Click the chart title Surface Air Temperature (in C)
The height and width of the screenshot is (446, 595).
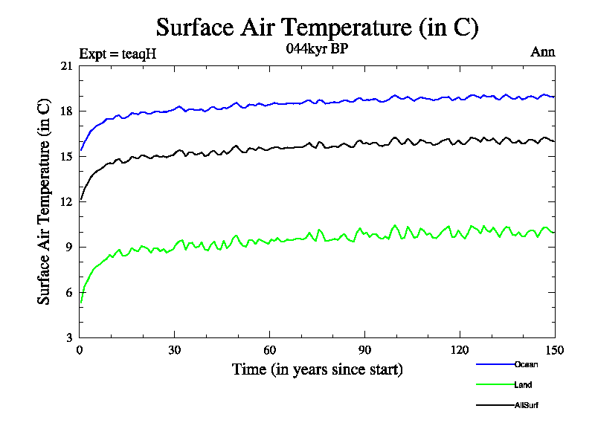pyautogui.click(x=317, y=28)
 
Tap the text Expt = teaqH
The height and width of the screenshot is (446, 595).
pyautogui.click(x=118, y=54)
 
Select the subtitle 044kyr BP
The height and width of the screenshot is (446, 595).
pyautogui.click(x=317, y=49)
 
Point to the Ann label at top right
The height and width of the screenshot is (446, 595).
pyautogui.click(x=542, y=52)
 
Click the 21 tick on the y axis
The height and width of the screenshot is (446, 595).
pyautogui.click(x=66, y=66)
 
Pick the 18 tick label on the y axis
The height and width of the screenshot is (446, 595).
pyautogui.click(x=66, y=111)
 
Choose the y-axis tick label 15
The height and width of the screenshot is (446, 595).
pyautogui.click(x=66, y=157)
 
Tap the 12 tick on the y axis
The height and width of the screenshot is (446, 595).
pyautogui.click(x=66, y=202)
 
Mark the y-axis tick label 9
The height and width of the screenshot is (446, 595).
pyautogui.click(x=69, y=248)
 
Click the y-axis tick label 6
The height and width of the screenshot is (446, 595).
pyautogui.click(x=69, y=293)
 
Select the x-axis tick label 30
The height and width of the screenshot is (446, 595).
pyautogui.click(x=175, y=350)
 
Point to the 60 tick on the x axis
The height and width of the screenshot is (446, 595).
pyautogui.click(x=270, y=350)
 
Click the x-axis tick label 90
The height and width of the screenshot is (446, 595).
pyautogui.click(x=364, y=350)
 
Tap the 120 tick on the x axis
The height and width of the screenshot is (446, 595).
pyautogui.click(x=460, y=350)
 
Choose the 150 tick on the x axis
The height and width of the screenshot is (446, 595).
pyautogui.click(x=554, y=350)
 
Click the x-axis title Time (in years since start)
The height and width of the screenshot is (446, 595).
pyautogui.click(x=318, y=369)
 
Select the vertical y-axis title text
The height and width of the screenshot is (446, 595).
pyautogui.click(x=44, y=201)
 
